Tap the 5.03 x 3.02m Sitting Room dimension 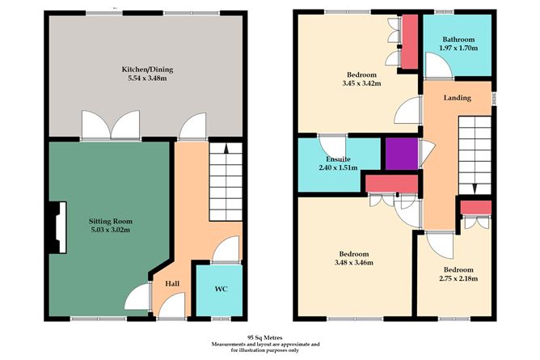(x=111, y=231)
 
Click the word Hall (x=172, y=284)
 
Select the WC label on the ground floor (x=219, y=289)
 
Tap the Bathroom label (x=458, y=39)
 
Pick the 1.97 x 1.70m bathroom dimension (x=458, y=49)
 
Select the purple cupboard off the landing (x=400, y=154)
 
